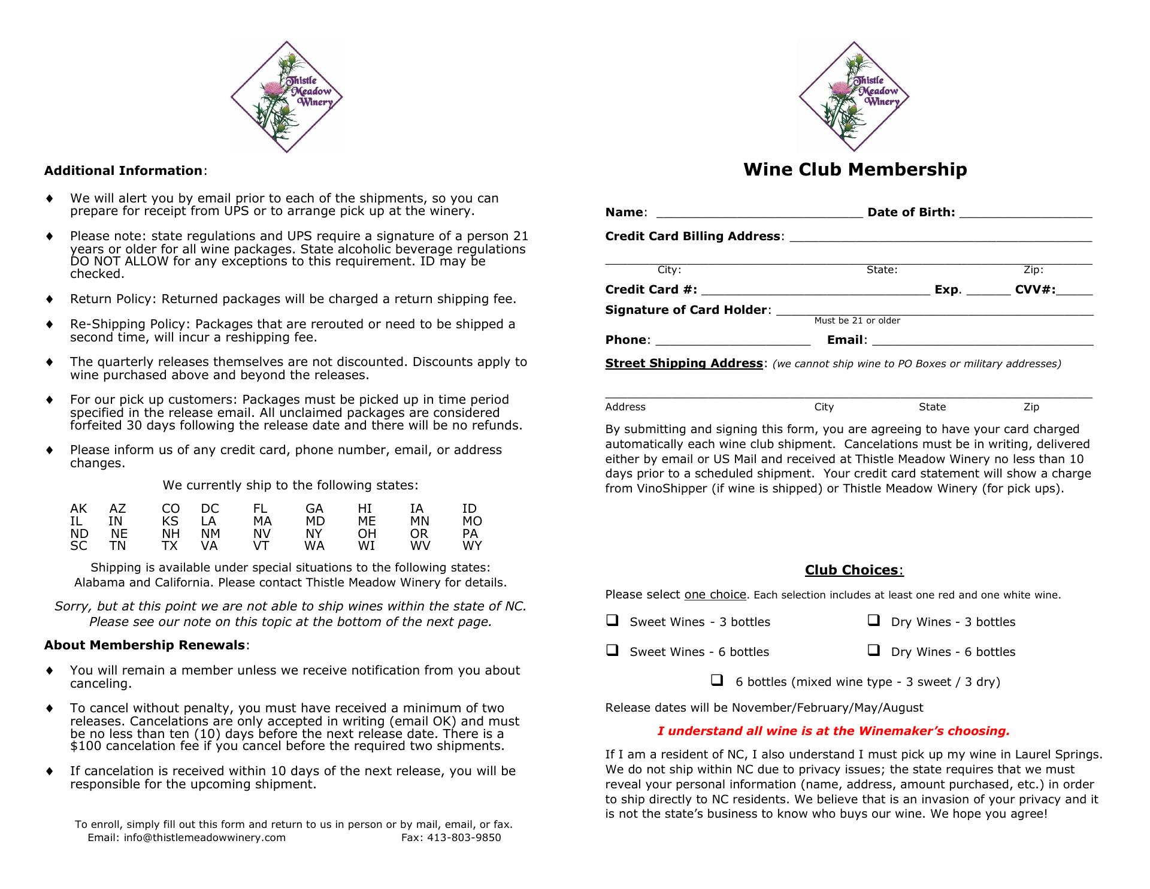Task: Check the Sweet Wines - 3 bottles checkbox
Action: [x=612, y=621]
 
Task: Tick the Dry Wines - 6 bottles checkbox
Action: [x=873, y=650]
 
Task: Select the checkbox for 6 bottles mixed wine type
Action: [x=717, y=680]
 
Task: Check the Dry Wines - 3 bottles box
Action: [x=873, y=621]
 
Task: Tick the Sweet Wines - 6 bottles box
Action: [x=612, y=650]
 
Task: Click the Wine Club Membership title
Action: [x=855, y=170]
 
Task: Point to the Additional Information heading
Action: [x=123, y=171]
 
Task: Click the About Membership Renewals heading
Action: [x=144, y=645]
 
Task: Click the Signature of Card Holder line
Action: [x=934, y=312]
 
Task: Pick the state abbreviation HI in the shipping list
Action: [x=365, y=509]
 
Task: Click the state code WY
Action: [x=472, y=546]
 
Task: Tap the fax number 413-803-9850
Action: [x=464, y=837]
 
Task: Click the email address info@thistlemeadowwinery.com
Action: [x=204, y=837]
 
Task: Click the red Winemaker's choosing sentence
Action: [x=834, y=731]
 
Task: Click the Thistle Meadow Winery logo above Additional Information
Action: [x=286, y=96]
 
